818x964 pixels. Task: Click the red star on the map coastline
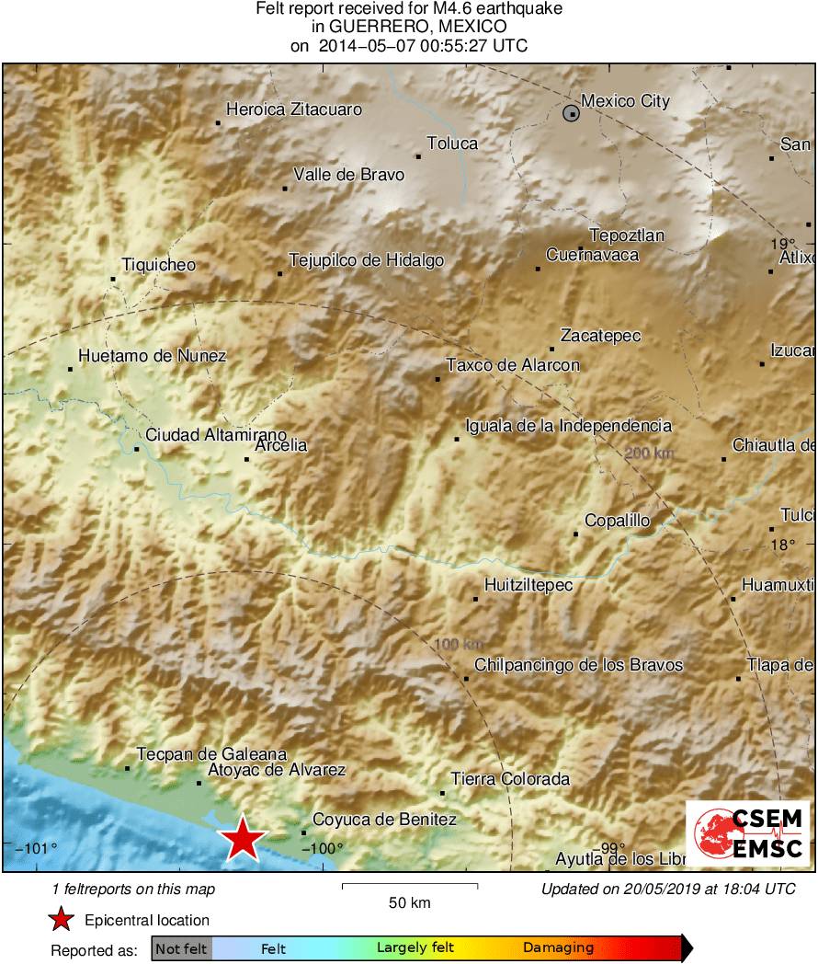coord(243,837)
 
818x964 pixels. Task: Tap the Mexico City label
coord(626,101)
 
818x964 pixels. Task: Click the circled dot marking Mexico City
coord(572,113)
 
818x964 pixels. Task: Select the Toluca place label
coord(452,143)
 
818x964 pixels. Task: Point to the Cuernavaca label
coord(592,255)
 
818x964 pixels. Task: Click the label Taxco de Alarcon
coord(513,365)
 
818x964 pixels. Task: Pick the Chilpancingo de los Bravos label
coord(578,665)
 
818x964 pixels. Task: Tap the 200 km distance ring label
coord(649,453)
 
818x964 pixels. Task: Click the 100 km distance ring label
coord(458,645)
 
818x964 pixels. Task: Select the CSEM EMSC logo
coord(747,833)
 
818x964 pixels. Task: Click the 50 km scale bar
coord(409,886)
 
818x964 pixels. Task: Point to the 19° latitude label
coord(782,244)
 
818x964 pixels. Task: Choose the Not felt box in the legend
coord(181,948)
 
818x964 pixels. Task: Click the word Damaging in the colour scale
coord(558,948)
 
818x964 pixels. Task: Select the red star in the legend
coord(61,920)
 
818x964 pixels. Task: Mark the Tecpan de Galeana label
coord(211,754)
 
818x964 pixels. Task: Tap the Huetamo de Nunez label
coord(152,356)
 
